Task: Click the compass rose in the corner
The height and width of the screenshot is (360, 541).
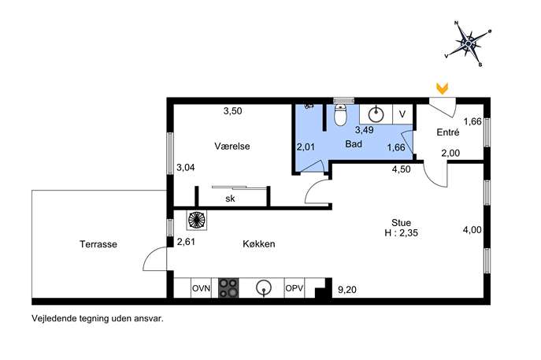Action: [x=468, y=43]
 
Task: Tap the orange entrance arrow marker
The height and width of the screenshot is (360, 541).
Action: [x=442, y=88]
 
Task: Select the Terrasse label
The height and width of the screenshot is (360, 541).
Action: [x=98, y=244]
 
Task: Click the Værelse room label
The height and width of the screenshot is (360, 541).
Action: [x=232, y=146]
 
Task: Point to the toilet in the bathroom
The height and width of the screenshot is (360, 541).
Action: [x=340, y=114]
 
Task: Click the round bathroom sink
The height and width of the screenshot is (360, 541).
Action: [x=376, y=114]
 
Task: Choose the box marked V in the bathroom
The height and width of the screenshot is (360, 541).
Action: [x=402, y=114]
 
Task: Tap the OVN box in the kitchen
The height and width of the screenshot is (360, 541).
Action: [x=201, y=288]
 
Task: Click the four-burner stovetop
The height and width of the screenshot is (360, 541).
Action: [x=228, y=288]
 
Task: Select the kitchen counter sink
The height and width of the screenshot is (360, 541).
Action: [x=264, y=288]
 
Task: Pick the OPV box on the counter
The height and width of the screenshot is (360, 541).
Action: [x=295, y=288]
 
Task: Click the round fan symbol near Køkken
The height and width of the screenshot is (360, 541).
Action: [x=197, y=220]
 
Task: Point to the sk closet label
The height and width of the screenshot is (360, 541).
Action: [x=230, y=199]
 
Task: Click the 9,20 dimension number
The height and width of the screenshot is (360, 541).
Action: [x=347, y=290]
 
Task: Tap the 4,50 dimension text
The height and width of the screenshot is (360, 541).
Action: [x=402, y=169]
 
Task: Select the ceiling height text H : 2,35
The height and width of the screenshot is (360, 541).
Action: [x=402, y=232]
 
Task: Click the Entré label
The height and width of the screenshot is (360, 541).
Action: [x=448, y=132]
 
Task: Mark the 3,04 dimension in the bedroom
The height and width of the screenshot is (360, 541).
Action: [x=186, y=168]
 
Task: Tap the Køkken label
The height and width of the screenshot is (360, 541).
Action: [x=259, y=244]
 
